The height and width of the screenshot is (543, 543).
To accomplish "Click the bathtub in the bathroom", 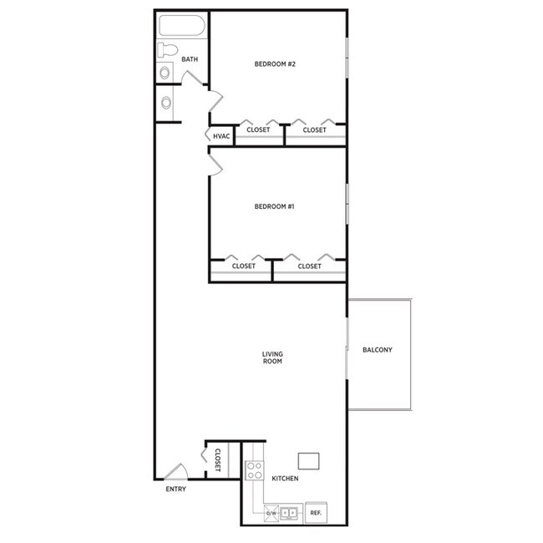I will click(181, 25).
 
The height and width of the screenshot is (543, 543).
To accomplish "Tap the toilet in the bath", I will click(167, 49).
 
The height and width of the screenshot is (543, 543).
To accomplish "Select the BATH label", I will click(190, 59).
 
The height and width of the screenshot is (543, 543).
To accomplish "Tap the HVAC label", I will click(221, 136).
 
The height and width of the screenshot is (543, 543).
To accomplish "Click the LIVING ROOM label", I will click(272, 358).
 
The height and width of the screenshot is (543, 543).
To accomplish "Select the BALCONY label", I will click(377, 350).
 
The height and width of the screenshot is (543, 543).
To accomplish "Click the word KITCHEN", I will click(285, 479).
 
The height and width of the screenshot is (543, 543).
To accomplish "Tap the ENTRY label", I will click(175, 489).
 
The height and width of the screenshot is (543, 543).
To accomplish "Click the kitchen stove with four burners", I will click(255, 471).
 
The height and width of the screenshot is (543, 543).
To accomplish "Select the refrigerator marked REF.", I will click(316, 512).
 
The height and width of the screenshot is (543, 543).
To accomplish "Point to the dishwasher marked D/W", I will click(271, 513).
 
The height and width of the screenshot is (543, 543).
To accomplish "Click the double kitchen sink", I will click(290, 512).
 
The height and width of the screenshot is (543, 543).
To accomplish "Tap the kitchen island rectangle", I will click(308, 460).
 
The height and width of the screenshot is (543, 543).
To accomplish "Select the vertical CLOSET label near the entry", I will click(217, 460).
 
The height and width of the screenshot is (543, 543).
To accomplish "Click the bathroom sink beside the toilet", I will click(165, 73).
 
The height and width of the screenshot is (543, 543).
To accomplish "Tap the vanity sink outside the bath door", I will click(166, 104).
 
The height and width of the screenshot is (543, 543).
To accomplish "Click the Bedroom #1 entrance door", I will click(216, 164).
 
